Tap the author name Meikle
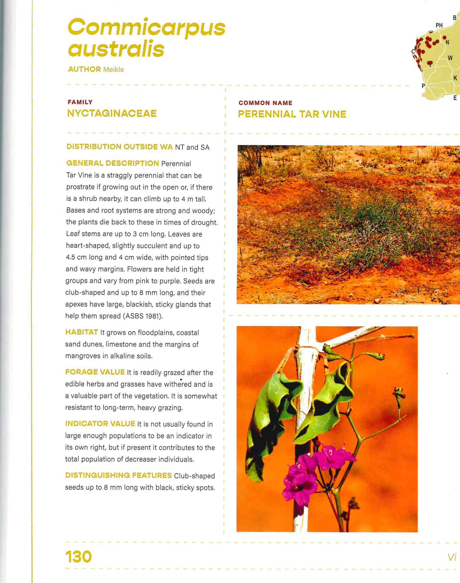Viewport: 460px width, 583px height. tap(113, 70)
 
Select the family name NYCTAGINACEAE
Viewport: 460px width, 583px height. tap(112, 113)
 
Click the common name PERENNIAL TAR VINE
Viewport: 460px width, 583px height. tap(292, 114)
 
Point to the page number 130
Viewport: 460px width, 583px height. tap(79, 556)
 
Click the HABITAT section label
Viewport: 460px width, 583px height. tap(82, 332)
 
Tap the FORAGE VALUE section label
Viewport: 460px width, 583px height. tap(95, 372)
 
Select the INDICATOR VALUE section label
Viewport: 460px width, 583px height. tap(100, 424)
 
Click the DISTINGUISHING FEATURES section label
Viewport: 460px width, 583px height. tap(118, 475)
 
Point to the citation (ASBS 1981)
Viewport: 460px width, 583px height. tap(143, 316)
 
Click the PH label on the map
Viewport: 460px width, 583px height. tap(439, 26)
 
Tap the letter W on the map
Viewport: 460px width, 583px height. tap(450, 58)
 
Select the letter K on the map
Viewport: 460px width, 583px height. tap(455, 78)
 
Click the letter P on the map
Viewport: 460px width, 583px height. tap(423, 86)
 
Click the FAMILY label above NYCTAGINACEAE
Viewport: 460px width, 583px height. tap(80, 102)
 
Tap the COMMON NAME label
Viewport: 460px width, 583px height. tap(265, 103)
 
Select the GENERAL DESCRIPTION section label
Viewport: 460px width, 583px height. tap(113, 163)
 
